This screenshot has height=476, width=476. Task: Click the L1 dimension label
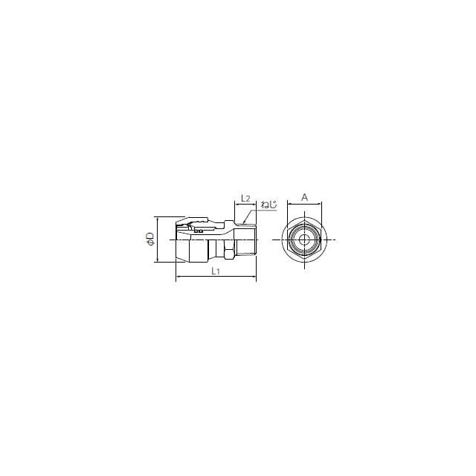pos(215,271)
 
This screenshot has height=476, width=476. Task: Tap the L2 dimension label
pos(245,199)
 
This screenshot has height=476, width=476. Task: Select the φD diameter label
pos(150,239)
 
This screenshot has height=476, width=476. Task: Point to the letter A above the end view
pos(304,197)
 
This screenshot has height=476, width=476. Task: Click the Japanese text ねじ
pos(268,205)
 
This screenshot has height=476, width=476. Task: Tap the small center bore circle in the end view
pos(303,239)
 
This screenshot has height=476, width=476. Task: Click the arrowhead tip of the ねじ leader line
pos(243,223)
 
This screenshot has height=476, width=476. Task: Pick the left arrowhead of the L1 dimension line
pos(176,277)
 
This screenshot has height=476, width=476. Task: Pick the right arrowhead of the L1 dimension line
pos(256,277)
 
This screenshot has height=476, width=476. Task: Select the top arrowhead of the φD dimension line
pos(158,217)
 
